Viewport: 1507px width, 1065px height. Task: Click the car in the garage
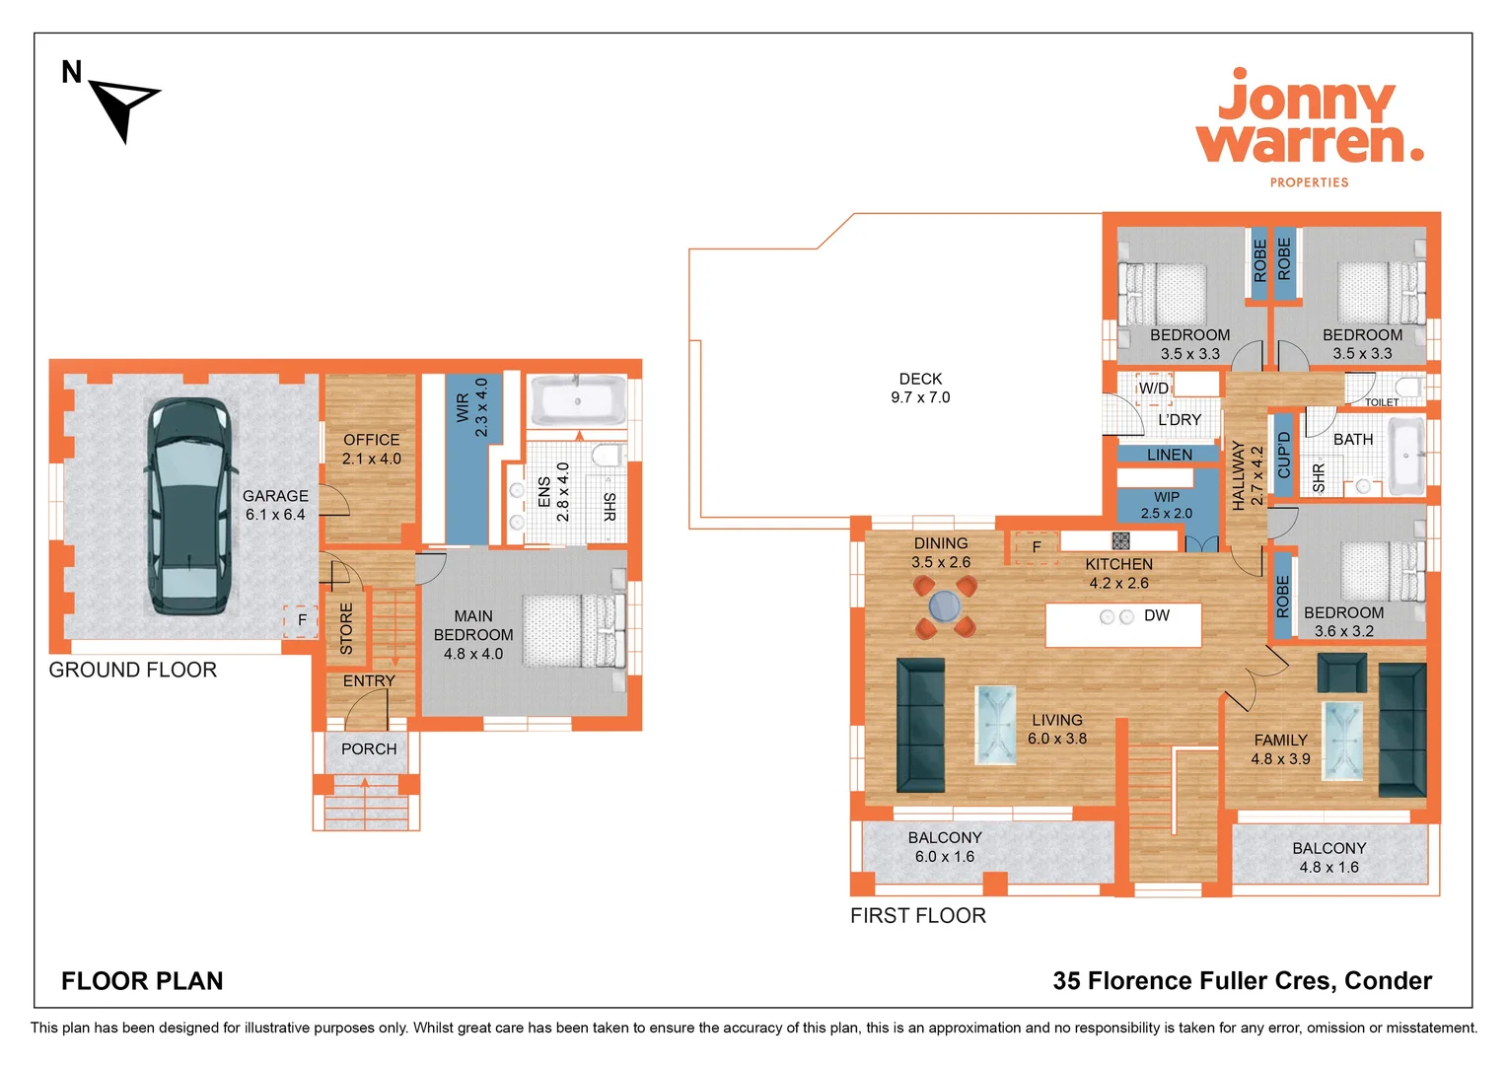tap(191, 507)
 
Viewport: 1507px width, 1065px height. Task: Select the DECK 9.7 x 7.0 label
tap(920, 389)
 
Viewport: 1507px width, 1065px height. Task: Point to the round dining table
tap(944, 605)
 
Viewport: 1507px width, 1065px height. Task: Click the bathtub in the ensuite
tap(578, 400)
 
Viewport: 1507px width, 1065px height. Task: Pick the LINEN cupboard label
tap(1170, 455)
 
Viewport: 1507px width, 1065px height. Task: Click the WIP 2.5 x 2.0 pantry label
tap(1166, 505)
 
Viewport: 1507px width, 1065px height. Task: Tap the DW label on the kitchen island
tap(1156, 615)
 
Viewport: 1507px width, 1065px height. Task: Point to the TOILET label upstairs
tap(1382, 402)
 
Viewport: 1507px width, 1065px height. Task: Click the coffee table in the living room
tap(995, 725)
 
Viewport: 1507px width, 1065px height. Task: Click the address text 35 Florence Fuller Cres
tap(1242, 980)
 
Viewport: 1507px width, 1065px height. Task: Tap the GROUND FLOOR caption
tap(133, 670)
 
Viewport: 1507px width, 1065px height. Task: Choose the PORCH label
tap(369, 749)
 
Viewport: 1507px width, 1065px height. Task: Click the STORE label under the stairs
tap(346, 628)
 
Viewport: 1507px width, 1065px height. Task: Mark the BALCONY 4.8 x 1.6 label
tap(1328, 857)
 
